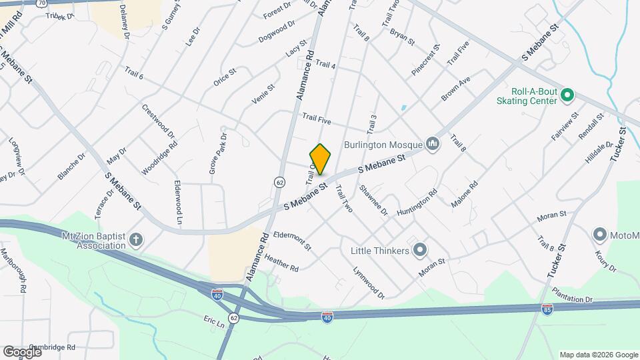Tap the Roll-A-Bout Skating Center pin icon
567,95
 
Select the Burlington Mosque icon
433,144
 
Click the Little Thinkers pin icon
419,251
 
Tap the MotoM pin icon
599,235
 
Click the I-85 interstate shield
547,309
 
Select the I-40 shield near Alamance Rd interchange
217,293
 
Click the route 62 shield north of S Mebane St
280,181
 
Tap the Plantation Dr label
572,295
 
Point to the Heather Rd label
281,262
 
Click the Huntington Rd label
417,202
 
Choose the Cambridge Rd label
52,347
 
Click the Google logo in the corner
22,351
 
